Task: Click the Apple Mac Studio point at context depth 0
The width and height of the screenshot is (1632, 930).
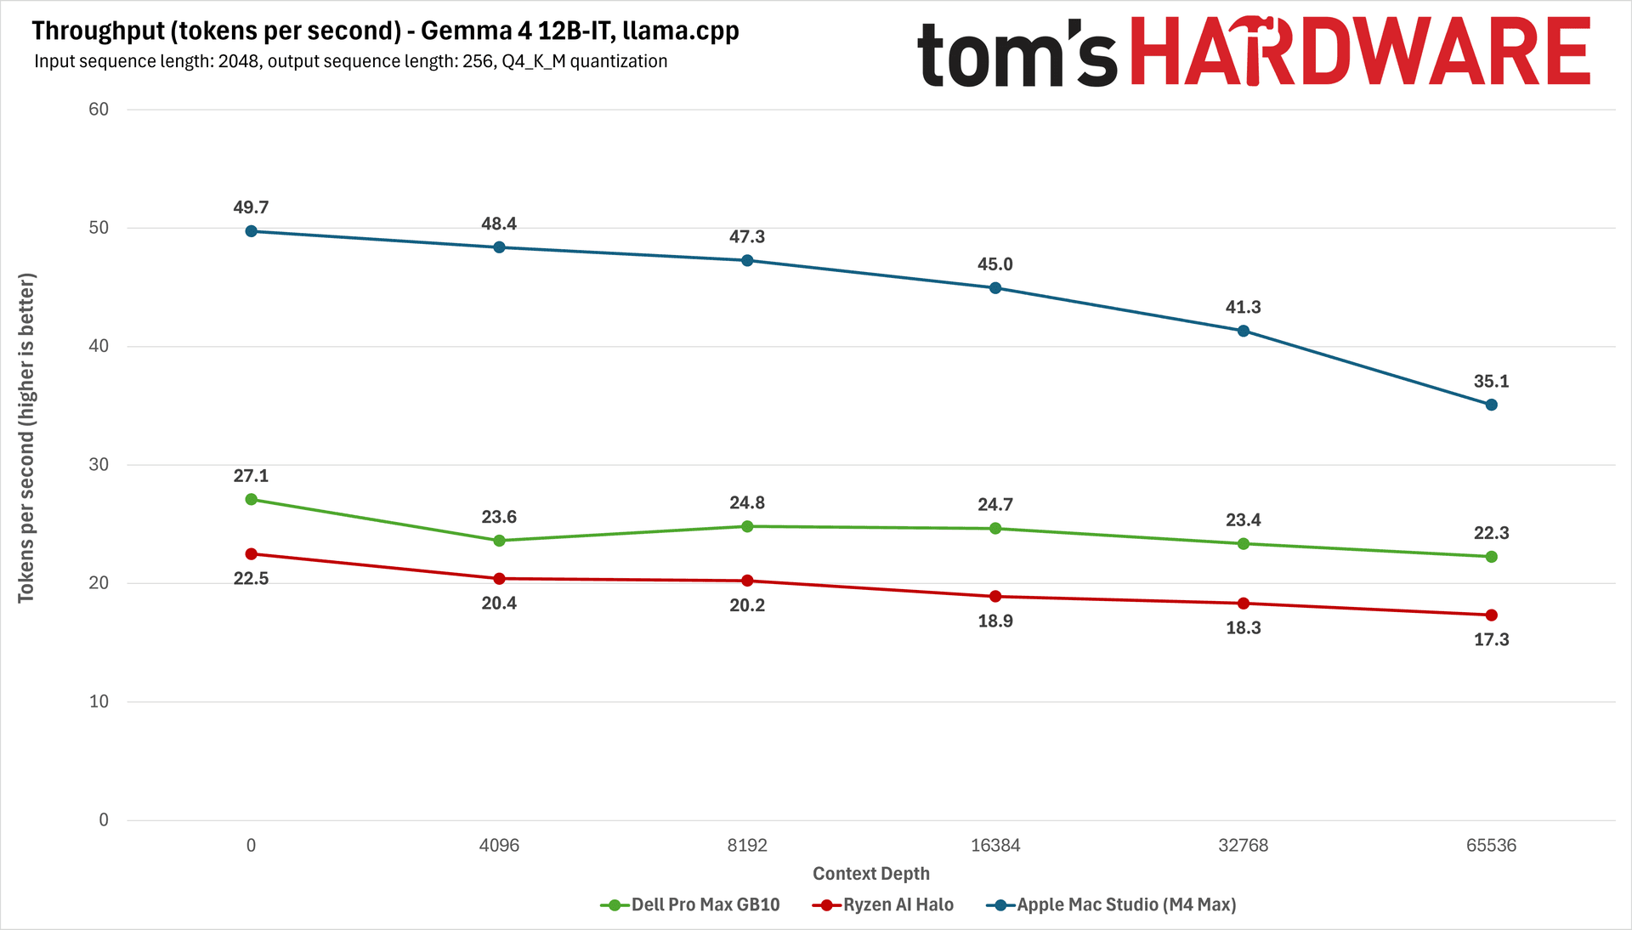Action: (251, 231)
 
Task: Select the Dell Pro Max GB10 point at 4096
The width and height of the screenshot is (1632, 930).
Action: (499, 541)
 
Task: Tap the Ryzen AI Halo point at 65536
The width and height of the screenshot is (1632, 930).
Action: (1491, 615)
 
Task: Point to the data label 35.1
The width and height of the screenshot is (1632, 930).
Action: (1491, 382)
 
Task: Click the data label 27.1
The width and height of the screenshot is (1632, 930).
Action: (251, 476)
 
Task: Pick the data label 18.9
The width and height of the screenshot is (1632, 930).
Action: (994, 621)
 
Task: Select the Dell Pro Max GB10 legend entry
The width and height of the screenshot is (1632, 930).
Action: (689, 904)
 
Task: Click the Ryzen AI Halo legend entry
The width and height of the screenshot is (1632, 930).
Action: (882, 904)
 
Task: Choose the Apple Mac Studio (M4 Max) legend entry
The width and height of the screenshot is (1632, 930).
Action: (1111, 904)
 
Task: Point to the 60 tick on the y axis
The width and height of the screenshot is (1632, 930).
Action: (99, 109)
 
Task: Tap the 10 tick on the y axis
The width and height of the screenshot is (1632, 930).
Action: (99, 701)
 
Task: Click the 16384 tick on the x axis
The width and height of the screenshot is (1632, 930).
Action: (994, 845)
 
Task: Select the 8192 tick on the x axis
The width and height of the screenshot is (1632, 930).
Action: (747, 845)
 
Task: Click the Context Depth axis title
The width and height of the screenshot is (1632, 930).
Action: (871, 874)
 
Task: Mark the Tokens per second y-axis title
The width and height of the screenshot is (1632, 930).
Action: (26, 438)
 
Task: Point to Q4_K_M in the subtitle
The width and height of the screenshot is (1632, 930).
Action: (533, 61)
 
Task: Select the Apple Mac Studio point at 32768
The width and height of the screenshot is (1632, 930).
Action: (1243, 331)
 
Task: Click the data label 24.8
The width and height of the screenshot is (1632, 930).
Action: (747, 503)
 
